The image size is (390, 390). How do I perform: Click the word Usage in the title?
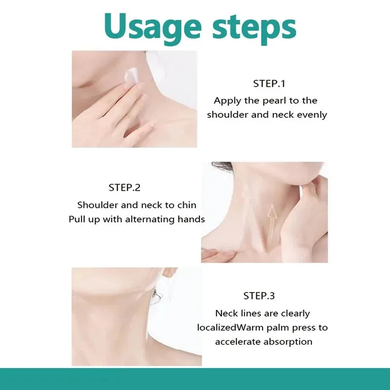(x=153, y=28)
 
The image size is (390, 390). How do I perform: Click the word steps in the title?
(x=254, y=28)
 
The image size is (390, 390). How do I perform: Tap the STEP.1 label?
(x=269, y=83)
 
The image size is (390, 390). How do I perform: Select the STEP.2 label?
(x=124, y=188)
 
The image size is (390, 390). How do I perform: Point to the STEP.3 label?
(x=259, y=296)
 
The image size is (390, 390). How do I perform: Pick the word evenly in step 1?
(x=312, y=115)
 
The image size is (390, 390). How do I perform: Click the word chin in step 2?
(x=187, y=205)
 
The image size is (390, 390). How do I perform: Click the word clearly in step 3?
(x=295, y=314)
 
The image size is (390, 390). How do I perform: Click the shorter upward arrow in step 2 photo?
(x=272, y=224)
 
